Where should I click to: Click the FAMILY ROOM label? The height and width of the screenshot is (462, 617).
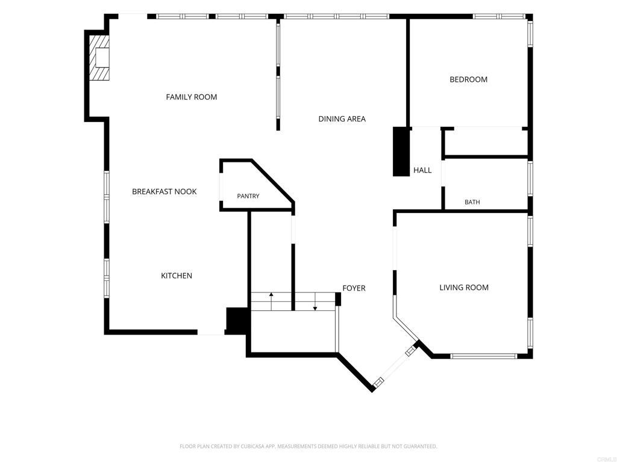[x=191, y=97]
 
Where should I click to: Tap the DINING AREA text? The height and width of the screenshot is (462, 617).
[x=342, y=119]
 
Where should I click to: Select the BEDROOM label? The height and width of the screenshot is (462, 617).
[x=468, y=79]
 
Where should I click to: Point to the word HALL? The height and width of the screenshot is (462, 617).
[x=422, y=170]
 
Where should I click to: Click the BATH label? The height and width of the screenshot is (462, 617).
[x=472, y=202]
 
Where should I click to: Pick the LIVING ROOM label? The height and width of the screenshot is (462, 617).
[x=464, y=288]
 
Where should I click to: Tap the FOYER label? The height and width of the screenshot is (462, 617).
[x=354, y=288]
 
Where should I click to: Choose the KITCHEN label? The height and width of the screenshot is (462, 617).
[x=177, y=276]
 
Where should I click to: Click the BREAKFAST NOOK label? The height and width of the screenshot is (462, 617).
[x=164, y=191]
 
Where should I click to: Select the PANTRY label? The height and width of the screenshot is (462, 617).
[x=248, y=196]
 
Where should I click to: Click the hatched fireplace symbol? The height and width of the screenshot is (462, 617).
[x=99, y=58]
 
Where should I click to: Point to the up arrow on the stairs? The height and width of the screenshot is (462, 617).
[x=271, y=301]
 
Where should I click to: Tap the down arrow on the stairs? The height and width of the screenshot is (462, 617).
[x=315, y=302]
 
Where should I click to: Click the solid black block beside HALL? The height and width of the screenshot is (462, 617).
[x=401, y=151]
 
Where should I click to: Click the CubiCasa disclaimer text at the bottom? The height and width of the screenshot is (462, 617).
[x=308, y=446]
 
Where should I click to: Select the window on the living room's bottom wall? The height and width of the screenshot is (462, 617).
[x=483, y=356]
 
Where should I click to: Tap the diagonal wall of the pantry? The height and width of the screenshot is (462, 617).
[x=273, y=181]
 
